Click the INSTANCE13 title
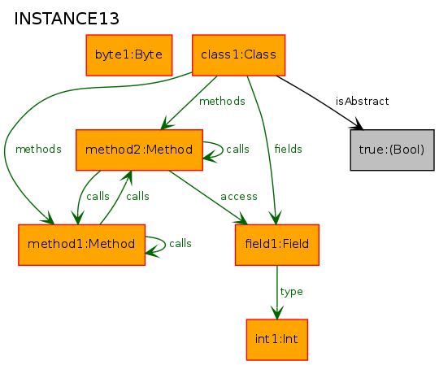67,19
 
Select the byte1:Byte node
129,55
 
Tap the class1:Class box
238,55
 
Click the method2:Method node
139,150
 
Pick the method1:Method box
81,245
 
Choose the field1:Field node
277,245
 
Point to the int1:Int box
277,340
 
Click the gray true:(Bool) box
392,150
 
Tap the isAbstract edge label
362,101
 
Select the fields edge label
288,149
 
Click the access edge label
239,197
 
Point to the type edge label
292,292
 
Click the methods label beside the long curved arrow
38,149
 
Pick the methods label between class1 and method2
222,101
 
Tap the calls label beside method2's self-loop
237,149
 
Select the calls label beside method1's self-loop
180,244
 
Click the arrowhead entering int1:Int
277,313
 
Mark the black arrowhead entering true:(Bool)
357,124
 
